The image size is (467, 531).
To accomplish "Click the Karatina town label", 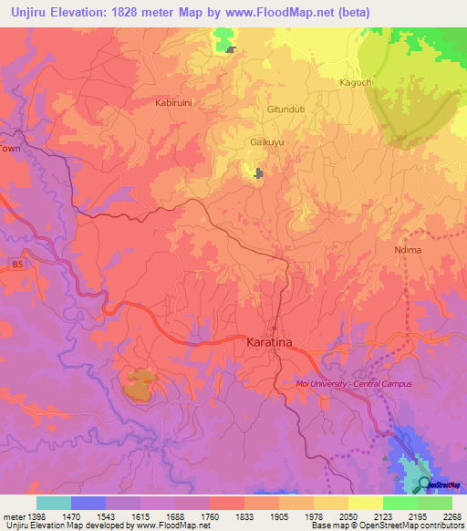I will pyautogui.click(x=271, y=342).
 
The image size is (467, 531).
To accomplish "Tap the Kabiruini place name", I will pyautogui.click(x=173, y=103).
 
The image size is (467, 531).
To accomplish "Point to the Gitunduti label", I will pyautogui.click(x=285, y=109).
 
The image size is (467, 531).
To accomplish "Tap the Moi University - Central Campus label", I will pyautogui.click(x=354, y=384).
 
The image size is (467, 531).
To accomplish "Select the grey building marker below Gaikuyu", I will pyautogui.click(x=259, y=172).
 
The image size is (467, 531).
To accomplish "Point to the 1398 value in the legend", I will pyautogui.click(x=28, y=515).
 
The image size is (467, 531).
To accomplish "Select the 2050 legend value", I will pyautogui.click(x=330, y=515).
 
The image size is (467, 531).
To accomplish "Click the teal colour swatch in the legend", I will pyautogui.click(x=54, y=503).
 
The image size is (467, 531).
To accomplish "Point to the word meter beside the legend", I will pyautogui.click(x=11, y=515).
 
